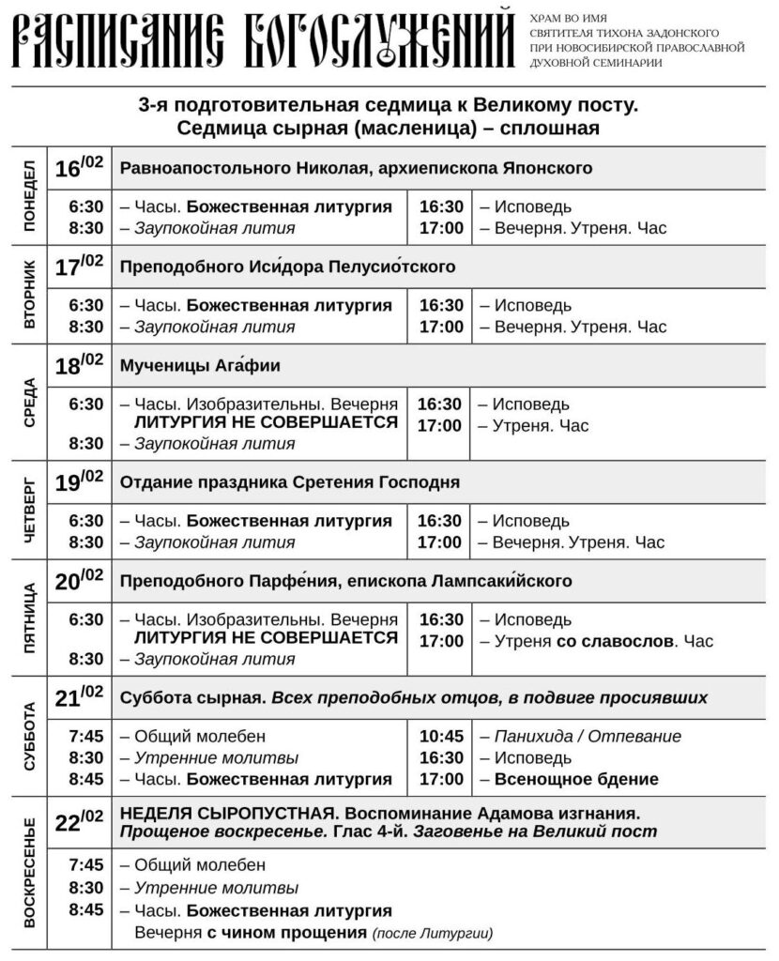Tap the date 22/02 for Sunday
pyautogui.click(x=79, y=822)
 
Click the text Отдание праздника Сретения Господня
pyautogui.click(x=290, y=483)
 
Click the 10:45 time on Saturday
pyautogui.click(x=441, y=737)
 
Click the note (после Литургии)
pyautogui.click(x=433, y=934)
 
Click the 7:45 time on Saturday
pyautogui.click(x=86, y=737)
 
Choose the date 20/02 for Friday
pyautogui.click(x=79, y=582)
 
